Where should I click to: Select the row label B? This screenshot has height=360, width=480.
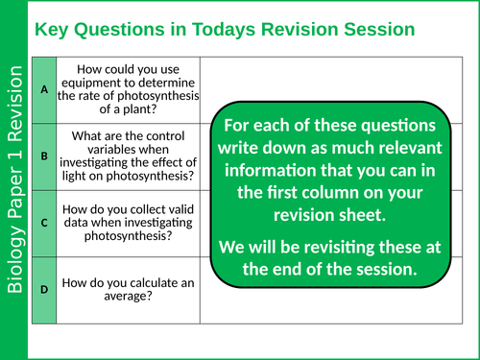point(44,155)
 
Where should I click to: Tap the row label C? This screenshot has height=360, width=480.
point(44,221)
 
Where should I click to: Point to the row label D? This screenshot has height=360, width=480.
point(44,287)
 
